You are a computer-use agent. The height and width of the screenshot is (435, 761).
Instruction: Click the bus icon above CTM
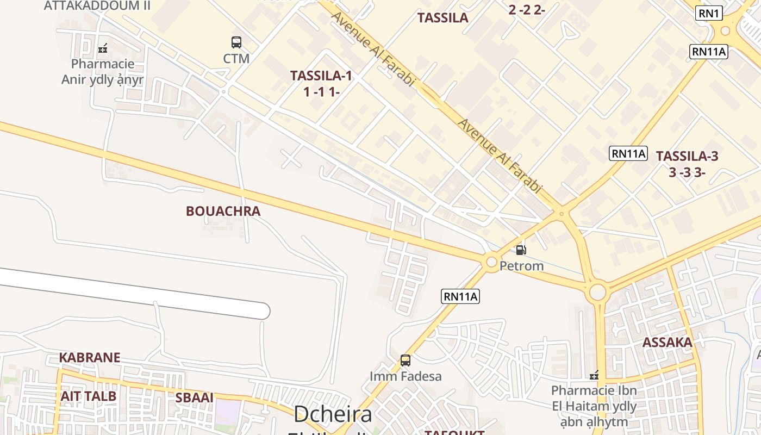236,42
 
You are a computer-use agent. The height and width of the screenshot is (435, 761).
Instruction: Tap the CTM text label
236,58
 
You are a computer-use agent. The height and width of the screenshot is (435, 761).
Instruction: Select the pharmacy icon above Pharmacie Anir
103,48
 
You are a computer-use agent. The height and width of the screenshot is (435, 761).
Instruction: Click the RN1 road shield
709,14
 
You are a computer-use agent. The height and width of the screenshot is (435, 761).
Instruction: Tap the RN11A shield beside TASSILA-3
628,153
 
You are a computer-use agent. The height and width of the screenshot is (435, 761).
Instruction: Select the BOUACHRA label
223,211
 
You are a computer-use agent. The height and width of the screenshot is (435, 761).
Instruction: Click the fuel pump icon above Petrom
521,250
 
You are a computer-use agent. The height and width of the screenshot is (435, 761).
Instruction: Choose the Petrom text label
521,266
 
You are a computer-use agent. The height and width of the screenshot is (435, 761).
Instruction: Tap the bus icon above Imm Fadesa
406,360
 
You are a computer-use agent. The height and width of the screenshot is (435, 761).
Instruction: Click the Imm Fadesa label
406,376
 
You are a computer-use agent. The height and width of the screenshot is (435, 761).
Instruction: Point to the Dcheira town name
333,414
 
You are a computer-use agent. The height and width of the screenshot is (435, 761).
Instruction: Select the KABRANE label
90,358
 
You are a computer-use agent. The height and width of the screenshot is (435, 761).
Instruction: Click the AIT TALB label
89,396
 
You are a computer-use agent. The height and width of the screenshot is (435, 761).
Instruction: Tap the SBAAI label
194,397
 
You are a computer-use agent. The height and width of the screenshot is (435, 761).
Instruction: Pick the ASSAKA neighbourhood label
668,343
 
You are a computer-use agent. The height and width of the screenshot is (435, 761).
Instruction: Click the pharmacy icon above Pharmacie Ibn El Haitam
594,375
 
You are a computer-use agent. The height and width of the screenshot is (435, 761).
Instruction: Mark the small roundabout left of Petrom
491,262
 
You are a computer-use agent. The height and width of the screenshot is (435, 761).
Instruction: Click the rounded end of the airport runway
263,311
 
